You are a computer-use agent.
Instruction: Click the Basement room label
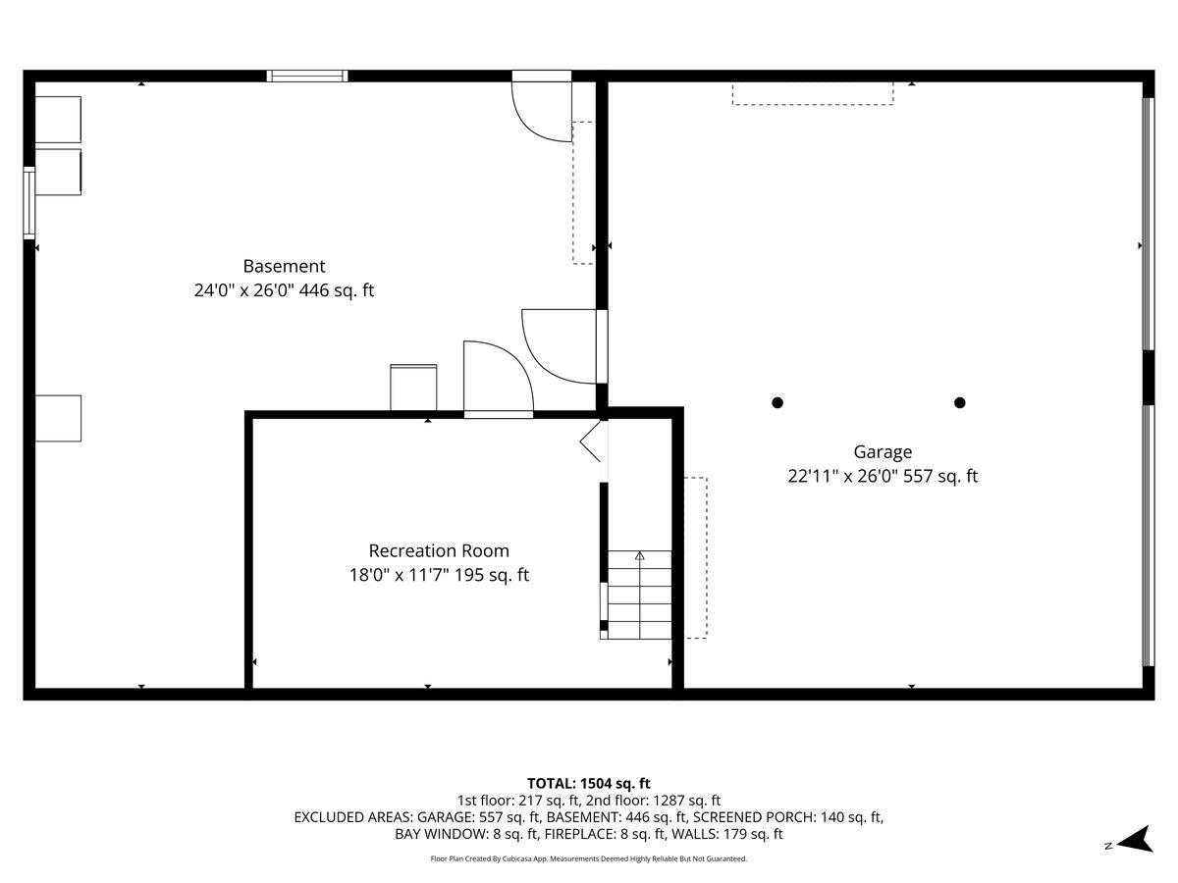284,266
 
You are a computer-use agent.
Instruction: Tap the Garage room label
883,452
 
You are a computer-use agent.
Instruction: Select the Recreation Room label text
439,551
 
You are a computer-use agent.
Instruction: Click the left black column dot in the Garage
777,402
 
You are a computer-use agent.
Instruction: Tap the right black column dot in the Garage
960,402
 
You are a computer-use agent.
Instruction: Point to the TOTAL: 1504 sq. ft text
589,783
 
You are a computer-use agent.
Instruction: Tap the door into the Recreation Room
498,379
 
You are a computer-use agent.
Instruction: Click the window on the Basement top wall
308,76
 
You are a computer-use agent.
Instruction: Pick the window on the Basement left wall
29,203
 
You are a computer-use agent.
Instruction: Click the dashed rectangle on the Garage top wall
813,93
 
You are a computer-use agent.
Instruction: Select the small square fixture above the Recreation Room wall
413,387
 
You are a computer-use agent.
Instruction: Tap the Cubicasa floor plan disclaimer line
589,858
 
